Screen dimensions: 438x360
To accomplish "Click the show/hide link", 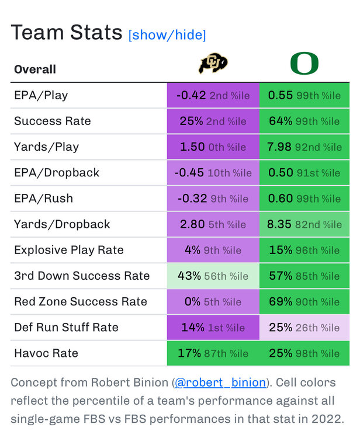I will (167, 35).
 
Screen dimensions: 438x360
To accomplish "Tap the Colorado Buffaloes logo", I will (213, 64).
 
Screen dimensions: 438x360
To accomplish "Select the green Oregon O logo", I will (304, 64).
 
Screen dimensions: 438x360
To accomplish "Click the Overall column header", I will (35, 69).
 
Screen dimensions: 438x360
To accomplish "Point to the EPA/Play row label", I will (41, 95).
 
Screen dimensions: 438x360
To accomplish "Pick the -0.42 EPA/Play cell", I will (213, 95).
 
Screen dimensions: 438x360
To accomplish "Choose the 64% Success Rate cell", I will (304, 121).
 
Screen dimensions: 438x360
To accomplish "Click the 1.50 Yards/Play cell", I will (213, 147).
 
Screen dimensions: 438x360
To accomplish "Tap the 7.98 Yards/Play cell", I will (304, 147).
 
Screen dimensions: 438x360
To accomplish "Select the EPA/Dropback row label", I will (57, 172).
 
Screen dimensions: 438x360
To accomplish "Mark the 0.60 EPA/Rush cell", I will (304, 198).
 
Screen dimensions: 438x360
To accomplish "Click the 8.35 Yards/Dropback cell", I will (304, 224).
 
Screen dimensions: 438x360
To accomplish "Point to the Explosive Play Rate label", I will (69, 250).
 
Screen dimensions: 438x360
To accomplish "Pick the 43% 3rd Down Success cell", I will (213, 276).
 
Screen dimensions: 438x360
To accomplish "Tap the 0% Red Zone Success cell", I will (213, 301).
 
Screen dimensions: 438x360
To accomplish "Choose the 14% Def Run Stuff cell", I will (213, 327).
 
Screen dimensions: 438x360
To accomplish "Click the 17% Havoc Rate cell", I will (213, 353).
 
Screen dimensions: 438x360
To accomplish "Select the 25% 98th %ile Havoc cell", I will (304, 353).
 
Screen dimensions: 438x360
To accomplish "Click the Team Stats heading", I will (66, 33).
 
